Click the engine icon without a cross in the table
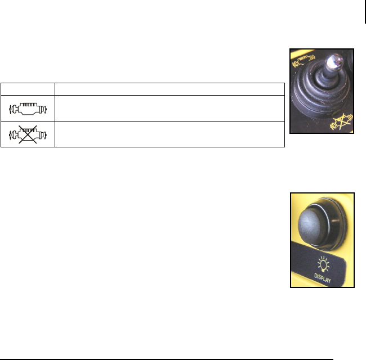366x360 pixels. point(28,109)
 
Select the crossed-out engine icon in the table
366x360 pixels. point(28,134)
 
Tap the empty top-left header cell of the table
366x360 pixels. point(28,89)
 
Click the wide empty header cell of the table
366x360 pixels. point(169,89)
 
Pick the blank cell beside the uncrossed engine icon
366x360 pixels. point(169,108)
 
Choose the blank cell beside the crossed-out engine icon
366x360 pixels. point(169,134)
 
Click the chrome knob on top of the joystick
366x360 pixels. point(334,61)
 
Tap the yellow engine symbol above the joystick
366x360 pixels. point(303,61)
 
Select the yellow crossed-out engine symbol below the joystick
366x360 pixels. point(341,121)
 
